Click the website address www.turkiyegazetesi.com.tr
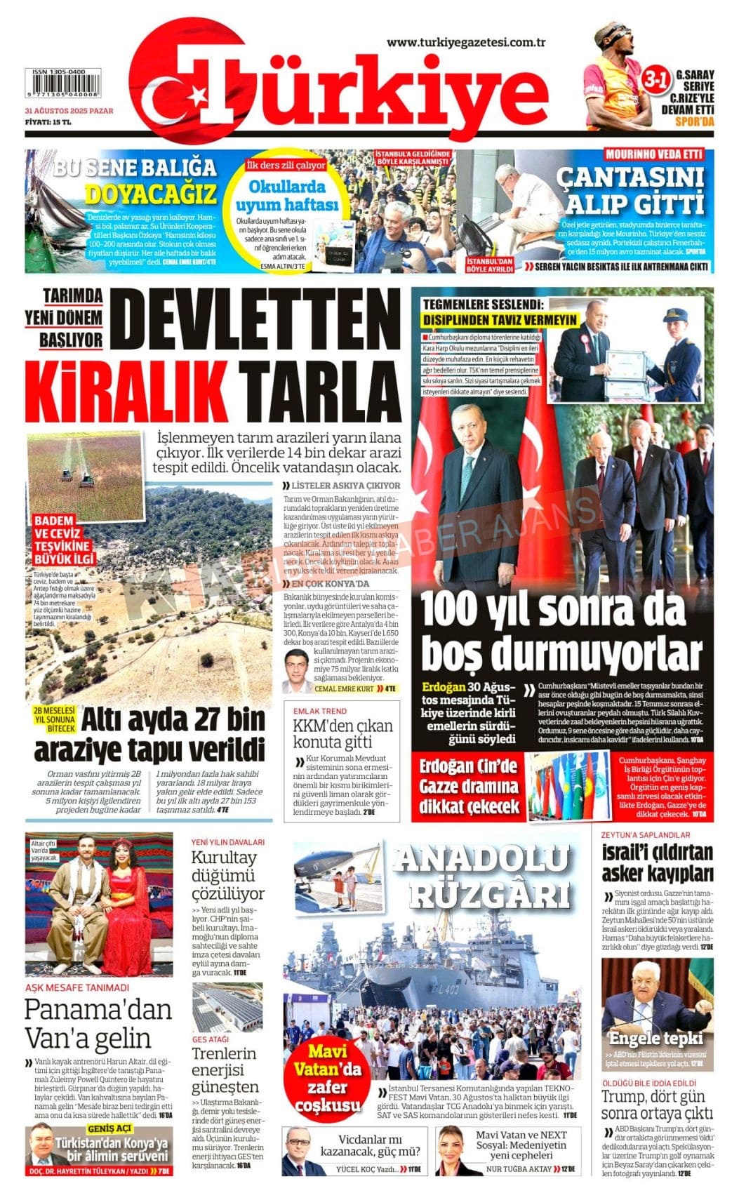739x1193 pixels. click(466, 43)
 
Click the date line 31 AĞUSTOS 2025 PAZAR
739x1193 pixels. click(68, 111)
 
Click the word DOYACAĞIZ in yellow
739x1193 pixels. click(150, 194)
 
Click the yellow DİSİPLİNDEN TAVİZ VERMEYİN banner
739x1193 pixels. click(500, 319)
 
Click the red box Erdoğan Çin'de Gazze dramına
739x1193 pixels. click(470, 785)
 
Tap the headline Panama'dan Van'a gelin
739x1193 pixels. click(98, 1023)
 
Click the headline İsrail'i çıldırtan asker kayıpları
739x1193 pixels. click(657, 862)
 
